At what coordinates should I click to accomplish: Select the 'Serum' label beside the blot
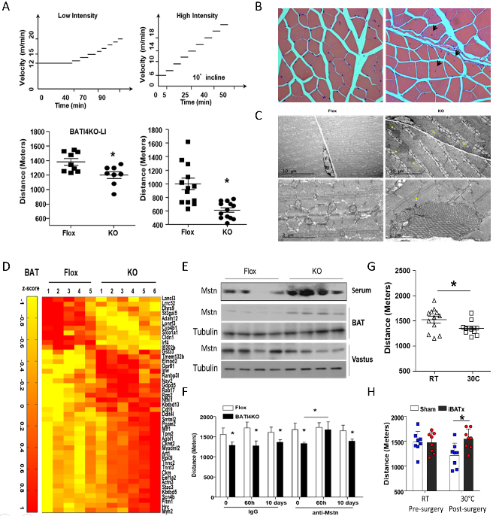click(x=363, y=290)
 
